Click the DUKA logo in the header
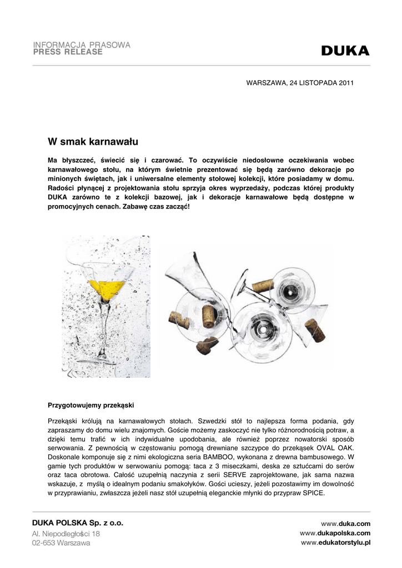345,51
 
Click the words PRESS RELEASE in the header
68,52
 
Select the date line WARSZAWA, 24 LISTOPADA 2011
300,83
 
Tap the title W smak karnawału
93,135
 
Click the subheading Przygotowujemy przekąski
91,404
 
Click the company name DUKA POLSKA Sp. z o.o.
78,523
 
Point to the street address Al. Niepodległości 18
66,534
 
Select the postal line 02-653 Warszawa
61,543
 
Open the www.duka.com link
345,524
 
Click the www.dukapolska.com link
335,533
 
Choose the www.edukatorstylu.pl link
335,542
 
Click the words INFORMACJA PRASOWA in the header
82,44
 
